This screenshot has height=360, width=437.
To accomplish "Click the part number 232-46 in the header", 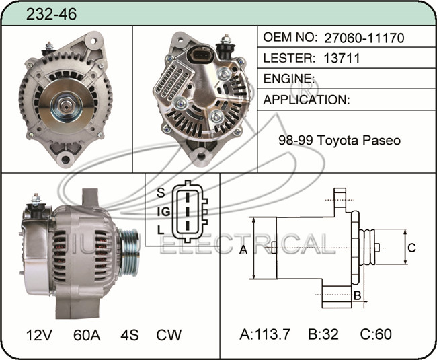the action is point(51,13).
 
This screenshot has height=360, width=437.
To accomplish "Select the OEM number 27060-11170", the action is point(364,38).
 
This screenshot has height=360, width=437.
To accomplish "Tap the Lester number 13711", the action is point(342,58).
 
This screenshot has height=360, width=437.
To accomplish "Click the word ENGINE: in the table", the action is point(289,79).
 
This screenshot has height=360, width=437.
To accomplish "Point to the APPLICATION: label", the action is point(307,100).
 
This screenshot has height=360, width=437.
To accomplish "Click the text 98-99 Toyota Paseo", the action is point(340,140).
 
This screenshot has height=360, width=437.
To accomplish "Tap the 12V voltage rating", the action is point(39,335).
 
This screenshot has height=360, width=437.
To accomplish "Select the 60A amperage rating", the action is point(87,335).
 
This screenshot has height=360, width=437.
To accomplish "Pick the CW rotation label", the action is point(169,335).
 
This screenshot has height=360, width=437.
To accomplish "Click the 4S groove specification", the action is point(130,335).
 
